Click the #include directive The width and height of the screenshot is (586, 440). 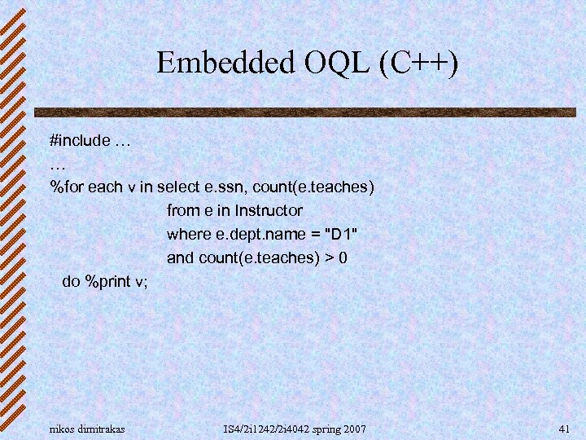coord(80,140)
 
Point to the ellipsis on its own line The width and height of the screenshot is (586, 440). coord(57,163)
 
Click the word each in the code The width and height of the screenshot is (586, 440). coord(106,187)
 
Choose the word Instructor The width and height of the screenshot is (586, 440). coord(269,211)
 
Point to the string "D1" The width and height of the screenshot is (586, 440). coord(341,235)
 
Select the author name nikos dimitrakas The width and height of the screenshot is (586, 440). coord(88,429)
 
